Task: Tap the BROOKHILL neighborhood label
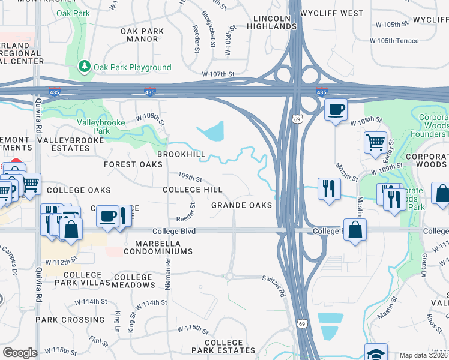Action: tap(181, 154)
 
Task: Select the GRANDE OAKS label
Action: tap(242, 205)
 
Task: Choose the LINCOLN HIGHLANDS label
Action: tap(271, 23)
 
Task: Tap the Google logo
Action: tap(20, 352)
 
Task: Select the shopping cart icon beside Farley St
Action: tap(375, 143)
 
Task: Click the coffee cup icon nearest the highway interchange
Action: tap(336, 109)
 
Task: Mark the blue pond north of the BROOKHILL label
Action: tap(212, 131)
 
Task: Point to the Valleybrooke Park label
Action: tap(93, 126)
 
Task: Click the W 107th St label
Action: tap(217, 74)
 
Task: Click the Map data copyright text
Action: tap(423, 355)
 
